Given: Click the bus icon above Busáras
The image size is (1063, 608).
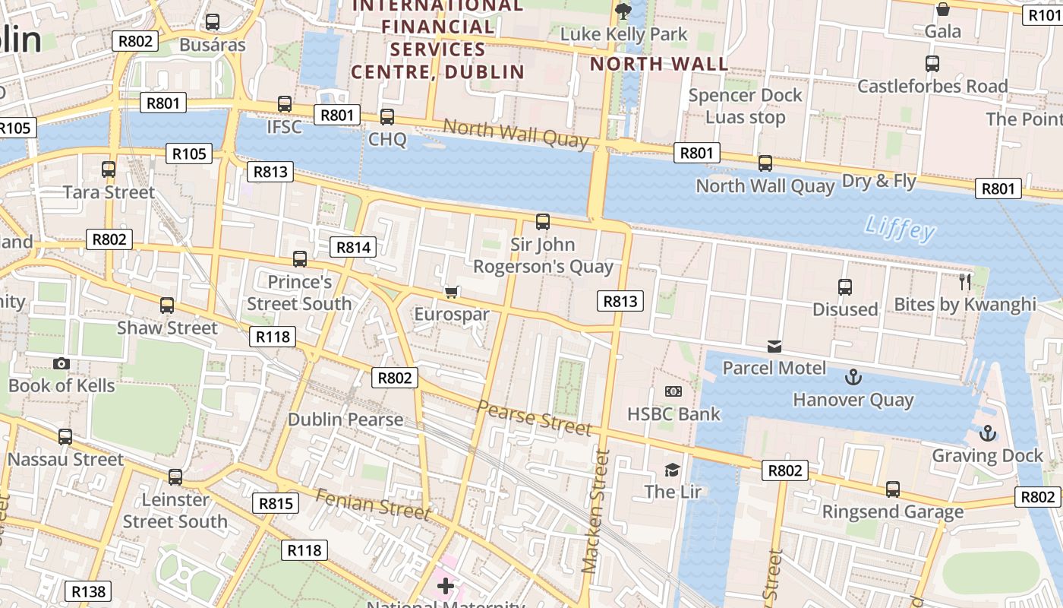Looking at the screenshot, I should point(213,22).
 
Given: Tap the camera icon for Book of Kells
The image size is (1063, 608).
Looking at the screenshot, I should point(62,363).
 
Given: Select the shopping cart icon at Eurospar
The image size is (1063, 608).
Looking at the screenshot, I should point(452,292).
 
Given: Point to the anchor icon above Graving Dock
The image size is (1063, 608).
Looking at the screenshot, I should point(987,433).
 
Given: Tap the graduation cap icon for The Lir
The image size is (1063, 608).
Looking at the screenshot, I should point(673,469).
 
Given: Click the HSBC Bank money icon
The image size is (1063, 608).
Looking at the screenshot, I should point(673,391).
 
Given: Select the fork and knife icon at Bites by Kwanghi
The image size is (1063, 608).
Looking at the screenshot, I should point(965,282).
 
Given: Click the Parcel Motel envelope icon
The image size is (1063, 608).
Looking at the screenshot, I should point(774,347).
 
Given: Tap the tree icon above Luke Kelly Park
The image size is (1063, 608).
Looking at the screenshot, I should point(623,11).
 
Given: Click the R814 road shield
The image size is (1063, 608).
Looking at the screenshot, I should point(354,247).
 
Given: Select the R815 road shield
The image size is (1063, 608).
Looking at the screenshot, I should point(276,503).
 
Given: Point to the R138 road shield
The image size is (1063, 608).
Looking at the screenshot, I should point(89,591).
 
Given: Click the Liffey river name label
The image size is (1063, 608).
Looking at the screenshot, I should point(901,227).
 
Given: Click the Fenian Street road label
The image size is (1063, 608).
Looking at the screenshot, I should point(372,505).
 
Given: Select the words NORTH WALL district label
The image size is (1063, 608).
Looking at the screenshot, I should point(659,64).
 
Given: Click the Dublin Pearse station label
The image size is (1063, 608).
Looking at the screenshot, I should point(345,420).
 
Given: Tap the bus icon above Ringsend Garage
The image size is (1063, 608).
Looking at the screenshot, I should point(893,489).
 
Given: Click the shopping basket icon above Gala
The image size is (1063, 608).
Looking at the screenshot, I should point(943,9).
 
